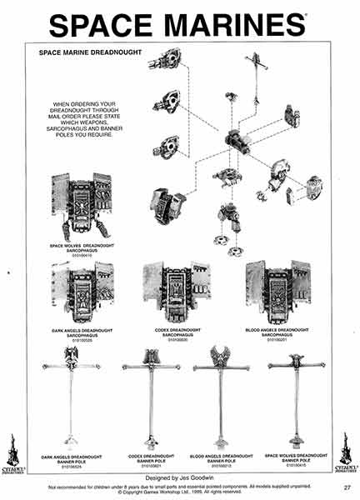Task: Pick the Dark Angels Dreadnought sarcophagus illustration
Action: (82, 287)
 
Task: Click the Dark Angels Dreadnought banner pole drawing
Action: (70, 400)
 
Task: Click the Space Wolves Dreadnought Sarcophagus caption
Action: (82, 247)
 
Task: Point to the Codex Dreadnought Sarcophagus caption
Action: (177, 332)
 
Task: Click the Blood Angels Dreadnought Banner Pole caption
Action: (222, 457)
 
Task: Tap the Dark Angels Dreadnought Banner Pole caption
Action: (71, 457)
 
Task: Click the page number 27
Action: (346, 487)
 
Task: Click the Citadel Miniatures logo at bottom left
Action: (13, 454)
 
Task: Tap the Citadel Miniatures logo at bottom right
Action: (346, 454)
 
